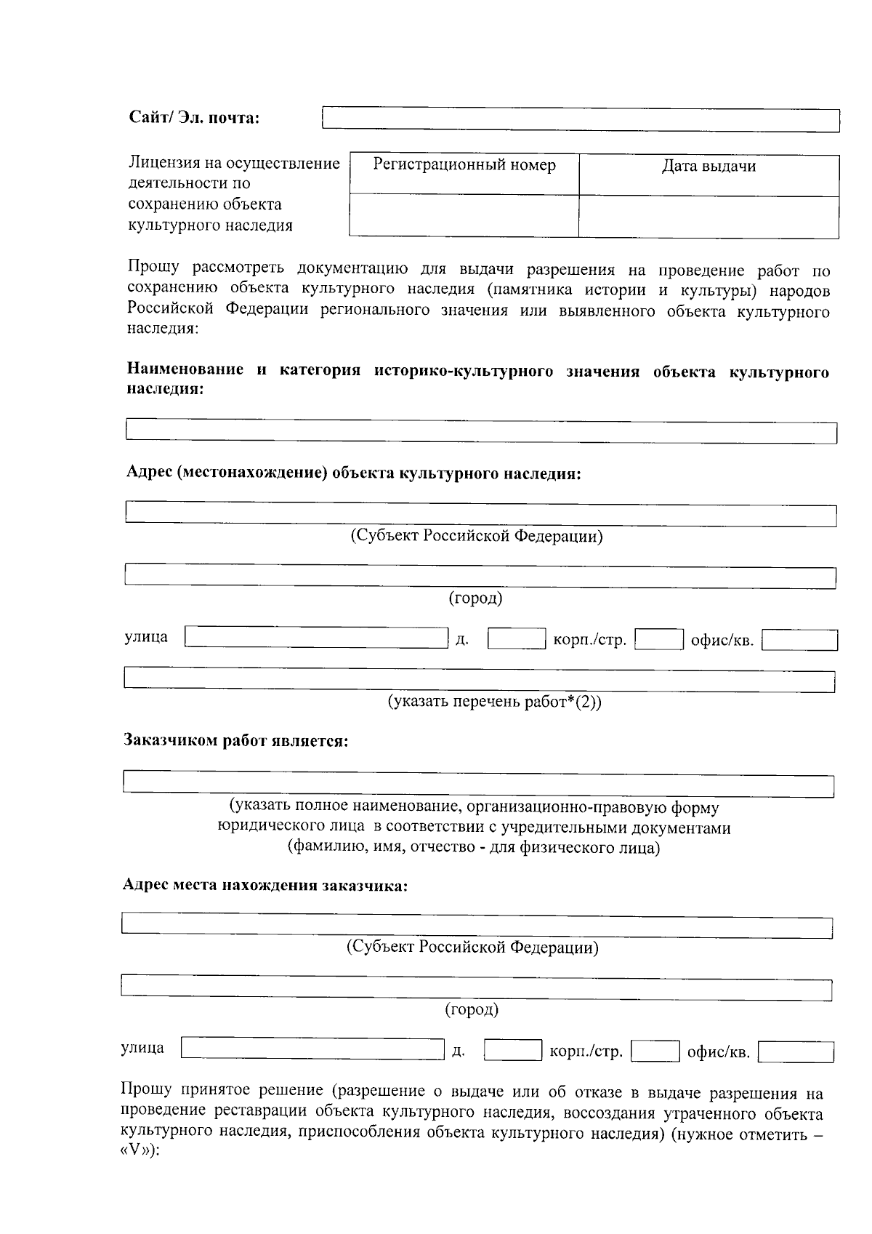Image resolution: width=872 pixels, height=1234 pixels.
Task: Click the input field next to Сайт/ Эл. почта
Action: click(x=580, y=120)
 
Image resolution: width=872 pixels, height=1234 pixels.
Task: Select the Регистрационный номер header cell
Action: click(x=464, y=166)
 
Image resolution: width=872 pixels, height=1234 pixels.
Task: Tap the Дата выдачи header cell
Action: click(x=708, y=167)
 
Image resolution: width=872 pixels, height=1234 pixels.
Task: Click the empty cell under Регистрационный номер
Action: click(x=464, y=215)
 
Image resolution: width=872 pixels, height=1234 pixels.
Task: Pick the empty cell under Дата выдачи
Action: click(x=708, y=217)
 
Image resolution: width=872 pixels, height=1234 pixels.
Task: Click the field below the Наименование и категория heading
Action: click(x=481, y=430)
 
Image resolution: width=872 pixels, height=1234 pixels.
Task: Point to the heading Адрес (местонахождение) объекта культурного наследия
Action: click(x=353, y=473)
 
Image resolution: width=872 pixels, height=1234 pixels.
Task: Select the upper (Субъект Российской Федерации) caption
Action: click(x=477, y=537)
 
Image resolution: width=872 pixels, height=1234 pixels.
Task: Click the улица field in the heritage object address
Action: click(x=316, y=638)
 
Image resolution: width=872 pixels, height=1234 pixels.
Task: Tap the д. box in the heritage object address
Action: click(x=516, y=639)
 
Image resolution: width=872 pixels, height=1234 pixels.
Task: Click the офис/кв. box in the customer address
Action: click(x=795, y=1051)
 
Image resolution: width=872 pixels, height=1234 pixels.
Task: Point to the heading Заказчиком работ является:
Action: click(x=235, y=741)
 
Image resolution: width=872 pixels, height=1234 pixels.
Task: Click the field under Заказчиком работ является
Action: click(x=478, y=785)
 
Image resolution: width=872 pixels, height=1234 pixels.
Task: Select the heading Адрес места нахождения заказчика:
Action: click(x=265, y=886)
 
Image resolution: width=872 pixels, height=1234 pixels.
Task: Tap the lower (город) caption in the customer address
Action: click(x=471, y=1009)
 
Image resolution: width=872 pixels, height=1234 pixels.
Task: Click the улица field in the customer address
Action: click(x=312, y=1049)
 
